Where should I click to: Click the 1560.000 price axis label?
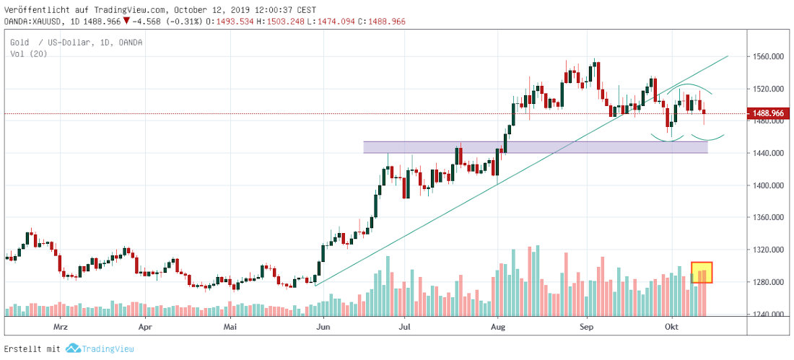(768, 56)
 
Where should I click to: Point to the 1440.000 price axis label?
(768, 153)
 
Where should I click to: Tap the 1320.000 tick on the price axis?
(768, 250)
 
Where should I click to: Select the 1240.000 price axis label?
(768, 315)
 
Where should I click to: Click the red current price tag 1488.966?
(770, 113)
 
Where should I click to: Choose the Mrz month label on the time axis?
(61, 326)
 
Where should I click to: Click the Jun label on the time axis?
(323, 326)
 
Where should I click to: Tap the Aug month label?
(497, 326)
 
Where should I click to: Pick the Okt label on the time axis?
(672, 326)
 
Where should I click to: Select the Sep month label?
(587, 326)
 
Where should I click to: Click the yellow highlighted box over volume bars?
(702, 272)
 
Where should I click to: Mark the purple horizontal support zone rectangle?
(535, 147)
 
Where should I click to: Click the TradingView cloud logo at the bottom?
(72, 348)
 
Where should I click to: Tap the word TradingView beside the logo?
(108, 348)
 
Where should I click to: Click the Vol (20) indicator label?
(25, 54)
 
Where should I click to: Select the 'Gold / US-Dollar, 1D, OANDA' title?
(76, 43)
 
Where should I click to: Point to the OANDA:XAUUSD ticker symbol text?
(34, 22)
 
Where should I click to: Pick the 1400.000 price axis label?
(768, 185)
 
